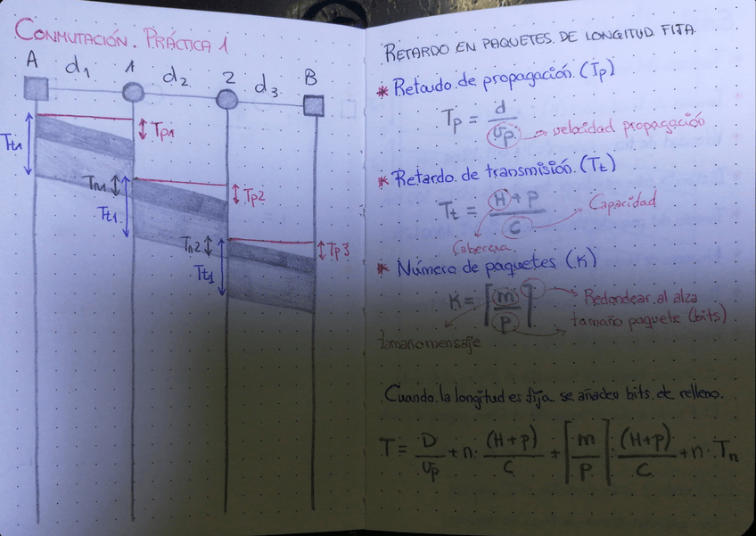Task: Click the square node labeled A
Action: click(36, 87)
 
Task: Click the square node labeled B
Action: click(313, 106)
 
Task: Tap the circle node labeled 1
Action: click(133, 91)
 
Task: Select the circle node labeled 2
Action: click(227, 99)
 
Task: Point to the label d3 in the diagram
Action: click(267, 89)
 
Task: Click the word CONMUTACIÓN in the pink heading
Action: click(72, 37)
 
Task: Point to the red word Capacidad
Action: click(622, 201)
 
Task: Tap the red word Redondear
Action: click(617, 294)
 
